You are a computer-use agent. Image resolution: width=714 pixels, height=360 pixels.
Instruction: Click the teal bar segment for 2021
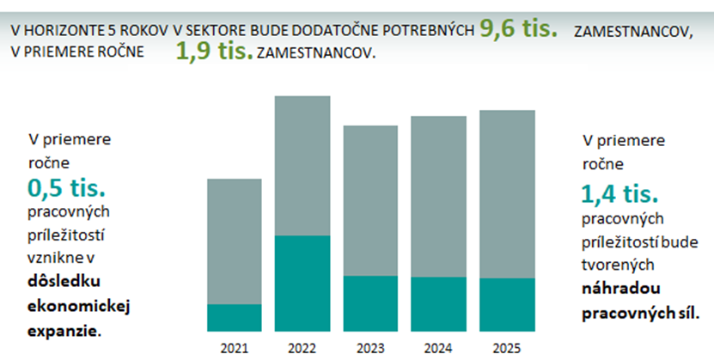(235, 317)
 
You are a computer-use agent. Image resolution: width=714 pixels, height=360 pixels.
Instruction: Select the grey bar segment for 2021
(235, 241)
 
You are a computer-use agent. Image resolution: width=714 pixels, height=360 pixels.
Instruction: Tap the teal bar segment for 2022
(302, 283)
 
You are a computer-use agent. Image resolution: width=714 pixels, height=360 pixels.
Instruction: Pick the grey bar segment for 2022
(302, 166)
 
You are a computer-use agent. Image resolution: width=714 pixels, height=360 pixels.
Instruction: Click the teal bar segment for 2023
(370, 303)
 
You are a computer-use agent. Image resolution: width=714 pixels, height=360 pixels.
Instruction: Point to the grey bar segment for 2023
(370, 200)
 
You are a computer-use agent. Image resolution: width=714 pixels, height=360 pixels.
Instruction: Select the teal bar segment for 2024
(438, 304)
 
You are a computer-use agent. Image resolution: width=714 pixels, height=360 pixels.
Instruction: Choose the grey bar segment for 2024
(438, 196)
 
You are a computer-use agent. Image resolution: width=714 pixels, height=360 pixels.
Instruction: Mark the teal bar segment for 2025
(506, 305)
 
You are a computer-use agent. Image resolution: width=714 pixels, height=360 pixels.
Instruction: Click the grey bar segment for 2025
(506, 194)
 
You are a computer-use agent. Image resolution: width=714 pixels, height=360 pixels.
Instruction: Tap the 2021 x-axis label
(234, 349)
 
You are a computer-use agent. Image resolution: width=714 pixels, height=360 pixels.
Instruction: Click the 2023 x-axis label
(370, 349)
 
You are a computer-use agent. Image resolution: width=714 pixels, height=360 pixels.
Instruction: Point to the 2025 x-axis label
(506, 349)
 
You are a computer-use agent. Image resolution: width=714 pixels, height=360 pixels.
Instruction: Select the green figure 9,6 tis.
(518, 28)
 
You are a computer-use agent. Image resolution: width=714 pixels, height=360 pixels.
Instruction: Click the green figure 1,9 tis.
(214, 52)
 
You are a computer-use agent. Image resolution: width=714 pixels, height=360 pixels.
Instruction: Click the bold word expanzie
(64, 328)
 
